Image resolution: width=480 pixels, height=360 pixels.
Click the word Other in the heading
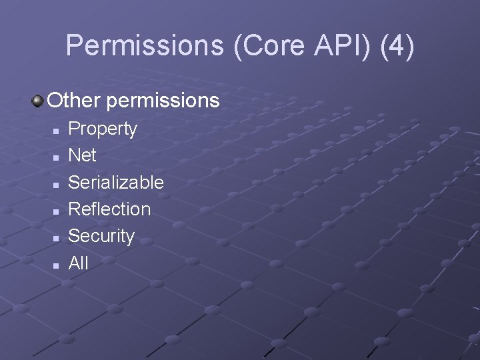(x=74, y=101)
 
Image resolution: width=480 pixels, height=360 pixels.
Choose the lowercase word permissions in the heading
(x=162, y=101)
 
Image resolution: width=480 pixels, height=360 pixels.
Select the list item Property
(x=103, y=129)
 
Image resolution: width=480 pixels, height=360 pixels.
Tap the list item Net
(x=83, y=155)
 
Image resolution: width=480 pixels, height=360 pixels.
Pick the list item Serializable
(x=116, y=182)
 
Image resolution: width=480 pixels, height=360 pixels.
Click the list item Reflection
(x=109, y=209)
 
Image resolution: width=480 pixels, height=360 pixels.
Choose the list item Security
(x=101, y=236)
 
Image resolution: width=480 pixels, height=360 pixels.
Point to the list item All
(x=78, y=263)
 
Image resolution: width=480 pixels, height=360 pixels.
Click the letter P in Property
(x=75, y=128)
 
